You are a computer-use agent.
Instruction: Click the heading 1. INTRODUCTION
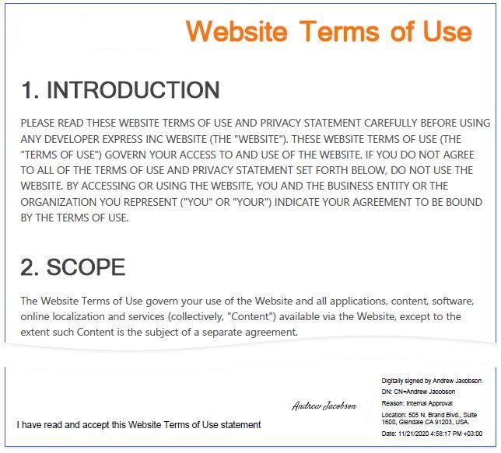[x=120, y=90]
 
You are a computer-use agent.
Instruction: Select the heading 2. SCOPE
[x=72, y=267]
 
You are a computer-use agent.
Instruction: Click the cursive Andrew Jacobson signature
[x=324, y=406]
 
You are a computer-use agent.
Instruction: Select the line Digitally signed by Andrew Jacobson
[x=431, y=381]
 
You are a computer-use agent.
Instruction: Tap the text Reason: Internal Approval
[x=419, y=403]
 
